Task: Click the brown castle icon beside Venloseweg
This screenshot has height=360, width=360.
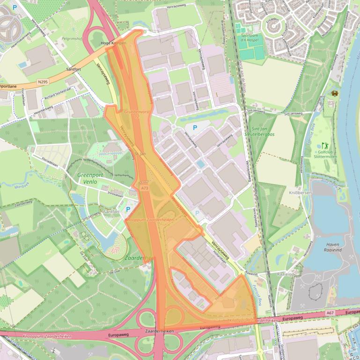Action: (335, 94)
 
